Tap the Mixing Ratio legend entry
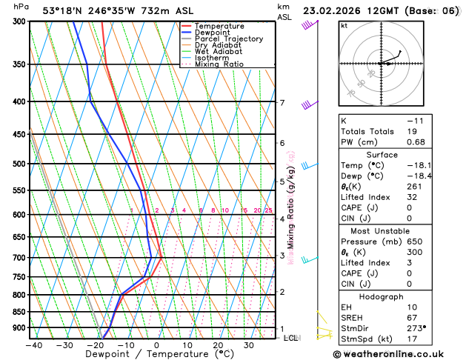pyautogui.click(x=219, y=64)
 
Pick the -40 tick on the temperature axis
pyautogui.click(x=33, y=344)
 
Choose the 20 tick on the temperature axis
pyautogui.click(x=218, y=344)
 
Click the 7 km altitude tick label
pyautogui.click(x=282, y=103)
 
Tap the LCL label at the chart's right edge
pyautogui.click(x=292, y=338)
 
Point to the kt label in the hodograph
pyautogui.click(x=344, y=25)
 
